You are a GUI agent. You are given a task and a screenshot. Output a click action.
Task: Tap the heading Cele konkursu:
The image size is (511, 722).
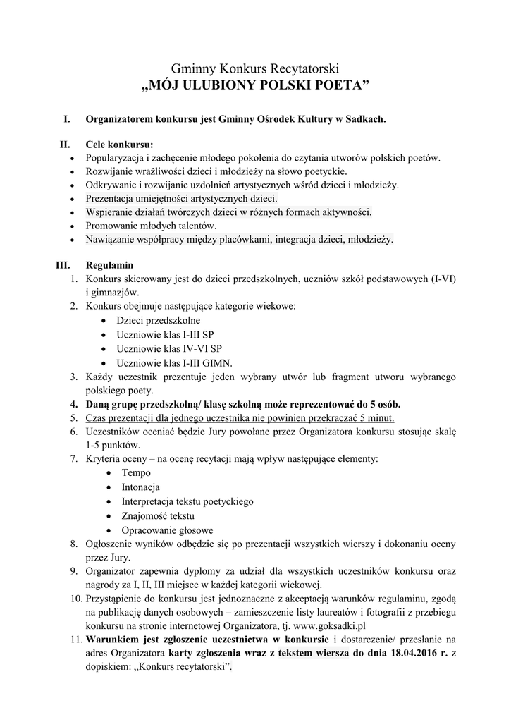pos(118,145)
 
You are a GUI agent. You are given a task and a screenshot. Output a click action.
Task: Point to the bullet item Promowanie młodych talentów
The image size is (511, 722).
pos(151,226)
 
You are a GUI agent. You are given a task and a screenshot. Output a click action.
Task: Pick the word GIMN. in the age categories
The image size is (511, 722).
pos(216,363)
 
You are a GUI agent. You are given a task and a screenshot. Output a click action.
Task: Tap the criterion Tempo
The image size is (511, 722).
pos(135,474)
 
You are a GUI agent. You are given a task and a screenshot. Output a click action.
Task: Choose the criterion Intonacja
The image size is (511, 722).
pos(140,487)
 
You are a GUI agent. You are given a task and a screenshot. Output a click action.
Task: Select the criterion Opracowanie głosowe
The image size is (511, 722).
pos(167,530)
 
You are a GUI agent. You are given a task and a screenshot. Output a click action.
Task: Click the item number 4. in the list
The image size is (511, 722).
pos(73,404)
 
